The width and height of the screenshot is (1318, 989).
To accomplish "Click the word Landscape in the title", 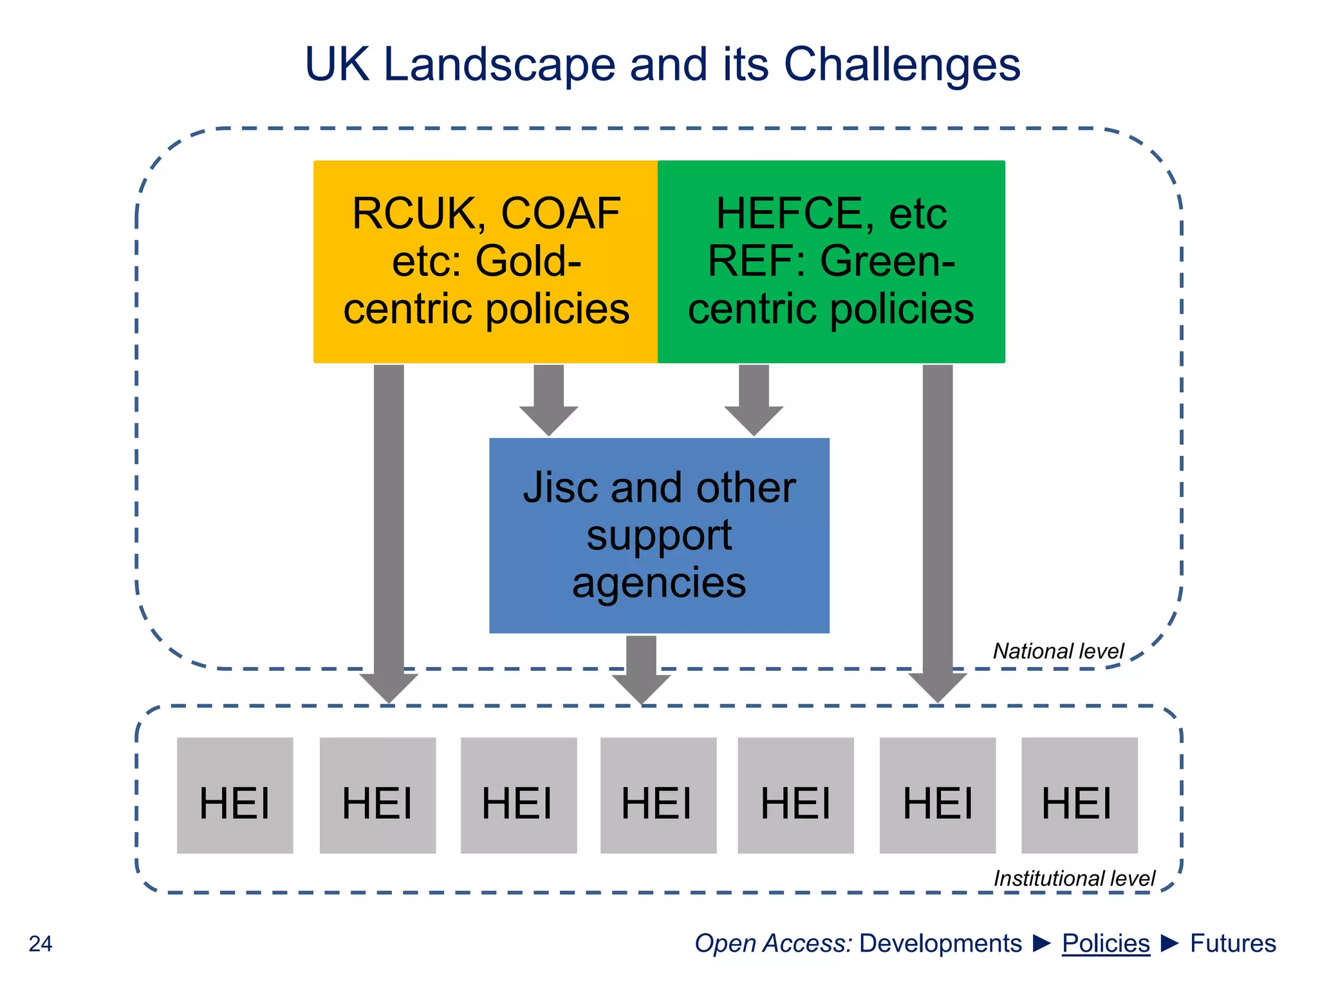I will coord(499,64).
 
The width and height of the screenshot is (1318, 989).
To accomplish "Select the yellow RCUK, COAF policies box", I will coord(486,261).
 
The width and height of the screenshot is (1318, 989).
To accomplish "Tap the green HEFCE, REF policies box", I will coord(831,261).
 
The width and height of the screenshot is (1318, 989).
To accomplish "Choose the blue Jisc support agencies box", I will coord(659,535).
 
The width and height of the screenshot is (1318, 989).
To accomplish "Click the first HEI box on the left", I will coord(235,795).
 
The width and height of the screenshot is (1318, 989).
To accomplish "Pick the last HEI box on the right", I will coord(1079,795).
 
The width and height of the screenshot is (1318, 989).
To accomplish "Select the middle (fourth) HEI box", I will coord(658,795).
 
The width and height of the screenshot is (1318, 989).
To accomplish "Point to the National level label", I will coord(1058,651).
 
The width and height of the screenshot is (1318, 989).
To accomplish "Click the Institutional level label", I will coord(1074,878).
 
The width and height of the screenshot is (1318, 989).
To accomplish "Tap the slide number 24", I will coord(41,944).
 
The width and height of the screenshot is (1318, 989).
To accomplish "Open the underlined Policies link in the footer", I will coord(1106,943).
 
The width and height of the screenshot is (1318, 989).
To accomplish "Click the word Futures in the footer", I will coord(1232,943).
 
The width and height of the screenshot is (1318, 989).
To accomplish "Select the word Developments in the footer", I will coord(940,943).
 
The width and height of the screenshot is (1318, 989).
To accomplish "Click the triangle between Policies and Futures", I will coord(1170,943).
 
